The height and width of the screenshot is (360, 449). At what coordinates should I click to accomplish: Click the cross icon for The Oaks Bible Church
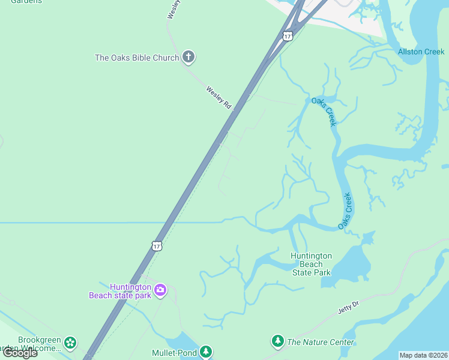pos(188,57)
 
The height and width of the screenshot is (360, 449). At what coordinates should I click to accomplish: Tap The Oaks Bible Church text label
pos(137,58)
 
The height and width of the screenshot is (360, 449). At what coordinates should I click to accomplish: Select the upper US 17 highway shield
pos(288,36)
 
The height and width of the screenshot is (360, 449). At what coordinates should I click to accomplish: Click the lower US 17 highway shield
pos(157,246)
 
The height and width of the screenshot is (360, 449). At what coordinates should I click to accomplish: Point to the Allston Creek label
pos(421,52)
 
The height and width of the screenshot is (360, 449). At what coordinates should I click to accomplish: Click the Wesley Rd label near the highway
pos(218,97)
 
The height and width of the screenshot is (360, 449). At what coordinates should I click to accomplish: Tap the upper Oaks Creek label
pos(325,111)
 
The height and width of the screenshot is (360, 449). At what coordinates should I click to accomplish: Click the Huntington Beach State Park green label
pos(311,264)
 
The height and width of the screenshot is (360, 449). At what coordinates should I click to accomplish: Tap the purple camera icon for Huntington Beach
pos(160,291)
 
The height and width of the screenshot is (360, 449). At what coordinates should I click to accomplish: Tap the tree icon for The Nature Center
pos(277,341)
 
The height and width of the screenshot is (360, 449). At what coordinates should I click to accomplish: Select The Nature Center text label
pos(321,343)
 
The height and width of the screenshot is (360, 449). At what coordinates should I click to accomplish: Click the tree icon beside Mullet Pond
pos(206,352)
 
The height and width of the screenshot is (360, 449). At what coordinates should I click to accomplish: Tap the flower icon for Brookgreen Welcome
pos(71,343)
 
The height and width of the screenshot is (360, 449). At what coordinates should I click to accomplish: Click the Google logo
pos(20,353)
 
